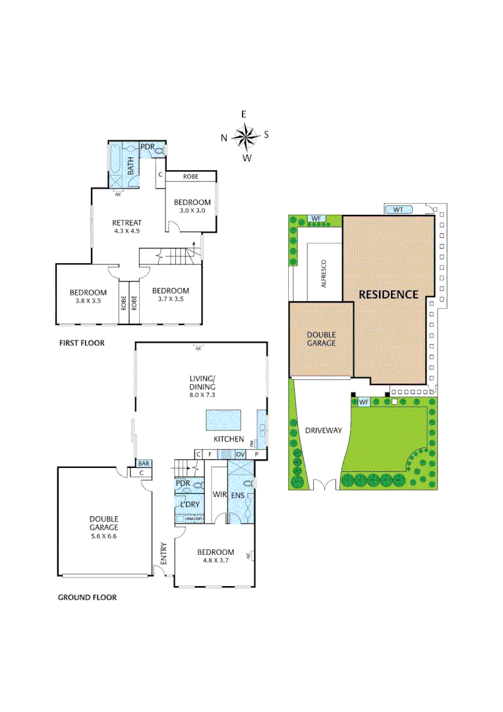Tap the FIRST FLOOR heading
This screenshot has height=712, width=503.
81,343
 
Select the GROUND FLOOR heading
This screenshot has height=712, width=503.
87,597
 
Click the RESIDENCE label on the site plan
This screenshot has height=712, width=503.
388,294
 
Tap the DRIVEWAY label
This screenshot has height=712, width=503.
323,430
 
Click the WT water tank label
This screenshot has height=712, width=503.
398,210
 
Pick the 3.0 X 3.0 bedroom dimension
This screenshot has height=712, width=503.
192,210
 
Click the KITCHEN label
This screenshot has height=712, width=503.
228,439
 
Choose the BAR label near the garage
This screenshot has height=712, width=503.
144,463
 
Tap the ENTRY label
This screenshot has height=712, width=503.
163,553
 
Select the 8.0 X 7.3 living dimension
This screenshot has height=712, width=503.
202,395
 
